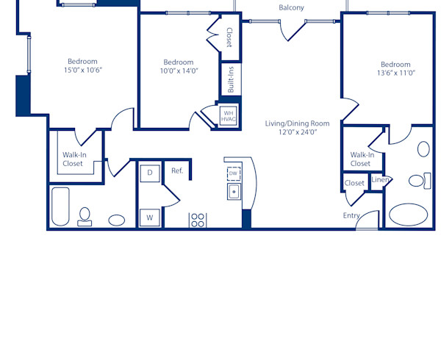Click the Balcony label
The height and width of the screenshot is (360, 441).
291,8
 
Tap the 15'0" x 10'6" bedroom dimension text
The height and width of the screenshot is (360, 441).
83,71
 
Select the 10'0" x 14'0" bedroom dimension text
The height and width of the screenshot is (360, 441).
179,71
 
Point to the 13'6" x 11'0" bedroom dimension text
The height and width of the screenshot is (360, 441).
395,73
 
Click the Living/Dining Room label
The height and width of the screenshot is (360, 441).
298,123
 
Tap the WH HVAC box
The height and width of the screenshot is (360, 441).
228,115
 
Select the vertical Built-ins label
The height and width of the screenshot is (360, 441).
230,80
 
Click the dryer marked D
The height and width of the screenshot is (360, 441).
150,173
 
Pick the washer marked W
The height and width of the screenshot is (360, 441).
150,217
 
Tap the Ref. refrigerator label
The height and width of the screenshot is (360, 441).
177,170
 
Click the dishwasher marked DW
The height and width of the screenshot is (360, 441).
233,173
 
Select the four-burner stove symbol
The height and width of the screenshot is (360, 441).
198,220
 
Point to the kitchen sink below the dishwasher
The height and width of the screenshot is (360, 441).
234,192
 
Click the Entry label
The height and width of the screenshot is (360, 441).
351,215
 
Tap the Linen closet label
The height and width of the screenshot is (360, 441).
380,180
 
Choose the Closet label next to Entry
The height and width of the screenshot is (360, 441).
354,183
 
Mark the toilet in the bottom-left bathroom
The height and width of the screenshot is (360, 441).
85,215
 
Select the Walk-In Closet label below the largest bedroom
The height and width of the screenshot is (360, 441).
73,159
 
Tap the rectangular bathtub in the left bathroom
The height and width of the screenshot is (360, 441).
60,206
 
